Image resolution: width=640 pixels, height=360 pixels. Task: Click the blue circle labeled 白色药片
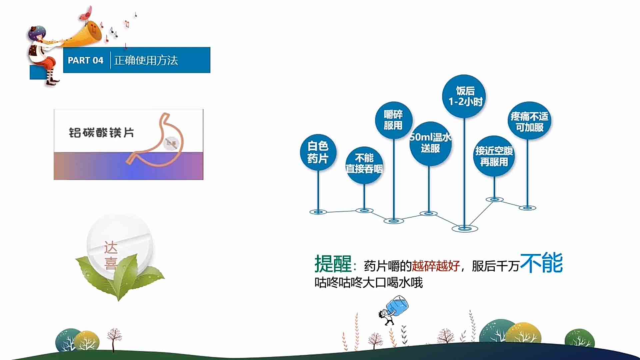(x=318, y=152)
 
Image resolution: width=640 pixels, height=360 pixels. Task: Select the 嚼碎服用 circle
(x=393, y=120)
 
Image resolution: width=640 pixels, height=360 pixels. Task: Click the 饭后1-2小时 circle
(x=464, y=96)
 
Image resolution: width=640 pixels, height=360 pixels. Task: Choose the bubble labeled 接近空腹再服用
(x=494, y=156)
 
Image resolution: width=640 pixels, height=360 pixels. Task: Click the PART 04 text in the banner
(x=85, y=60)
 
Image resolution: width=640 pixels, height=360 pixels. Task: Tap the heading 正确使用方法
(x=146, y=60)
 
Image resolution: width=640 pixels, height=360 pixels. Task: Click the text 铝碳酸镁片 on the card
(x=101, y=133)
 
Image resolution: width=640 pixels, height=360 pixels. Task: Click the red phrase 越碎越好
(x=436, y=266)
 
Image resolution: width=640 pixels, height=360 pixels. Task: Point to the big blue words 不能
(x=541, y=263)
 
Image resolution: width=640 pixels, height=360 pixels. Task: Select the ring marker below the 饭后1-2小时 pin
(x=465, y=229)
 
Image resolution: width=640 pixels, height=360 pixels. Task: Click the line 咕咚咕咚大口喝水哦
(x=369, y=283)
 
